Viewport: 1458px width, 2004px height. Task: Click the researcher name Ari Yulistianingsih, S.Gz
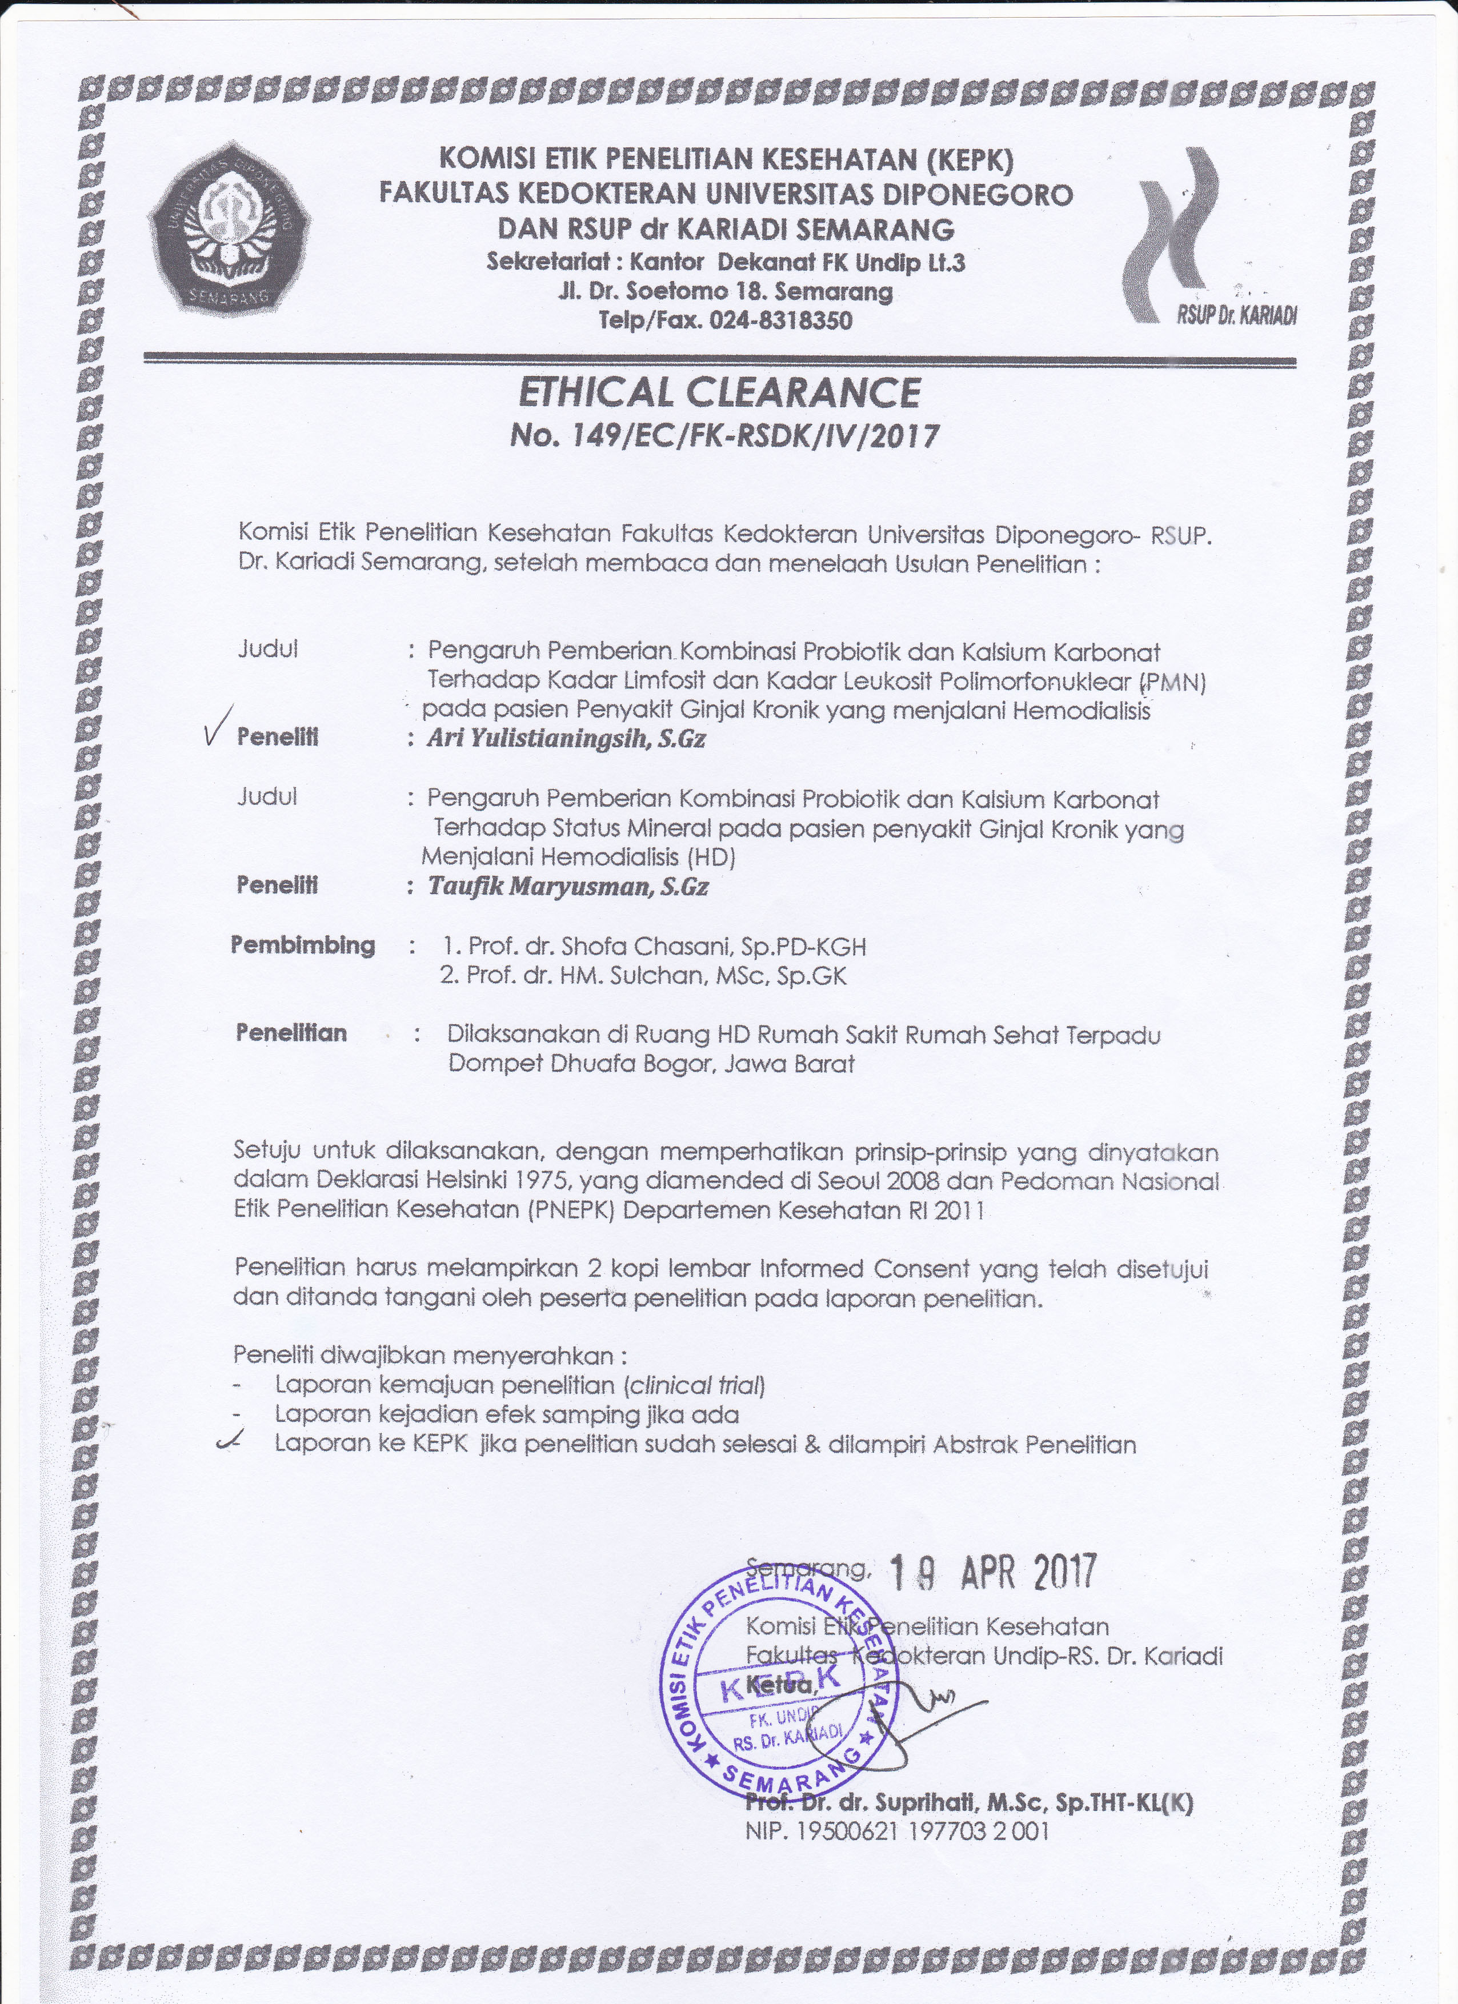coord(566,739)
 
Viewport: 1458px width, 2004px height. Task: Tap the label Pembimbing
coord(303,944)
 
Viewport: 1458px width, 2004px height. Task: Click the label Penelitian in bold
coord(291,1032)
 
